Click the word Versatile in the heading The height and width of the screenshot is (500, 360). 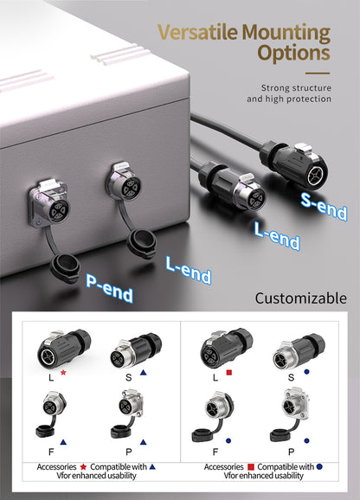pos(198,33)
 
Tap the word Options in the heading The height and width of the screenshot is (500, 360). pos(293,53)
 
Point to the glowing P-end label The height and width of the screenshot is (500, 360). pos(110,287)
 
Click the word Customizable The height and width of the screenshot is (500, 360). pos(300,298)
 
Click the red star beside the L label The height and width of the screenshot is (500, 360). pos(62,373)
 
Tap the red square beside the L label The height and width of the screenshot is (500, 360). pos(229,373)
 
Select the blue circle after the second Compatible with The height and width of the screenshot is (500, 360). pos(318,466)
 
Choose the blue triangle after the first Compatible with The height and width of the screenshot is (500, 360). pos(152,466)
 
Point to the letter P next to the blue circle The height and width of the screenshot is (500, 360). pos(291,452)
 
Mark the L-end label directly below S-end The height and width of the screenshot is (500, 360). pos(278,234)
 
